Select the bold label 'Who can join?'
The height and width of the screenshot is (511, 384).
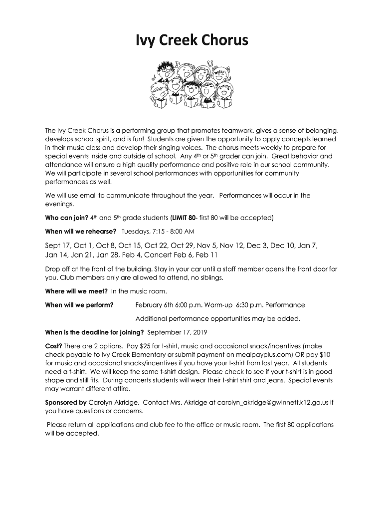click(x=67, y=218)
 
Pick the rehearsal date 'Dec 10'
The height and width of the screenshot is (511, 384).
click(x=281, y=246)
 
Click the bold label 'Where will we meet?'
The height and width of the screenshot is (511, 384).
click(x=76, y=291)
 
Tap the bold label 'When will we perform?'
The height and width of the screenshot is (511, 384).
click(x=79, y=305)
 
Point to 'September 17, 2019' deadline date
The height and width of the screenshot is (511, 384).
click(x=178, y=332)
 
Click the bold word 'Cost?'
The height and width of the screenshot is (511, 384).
click(x=53, y=345)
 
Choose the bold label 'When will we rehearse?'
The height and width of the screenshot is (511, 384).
click(x=81, y=232)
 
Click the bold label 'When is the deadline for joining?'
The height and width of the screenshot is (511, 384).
click(x=94, y=332)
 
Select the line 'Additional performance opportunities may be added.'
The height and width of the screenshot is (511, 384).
click(x=218, y=318)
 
